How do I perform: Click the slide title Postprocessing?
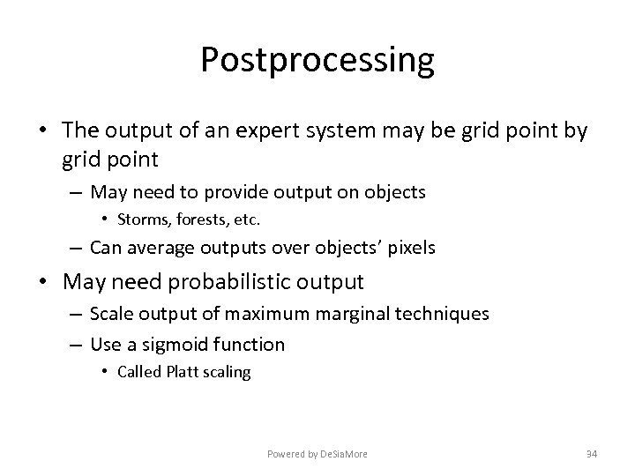pyautogui.click(x=317, y=61)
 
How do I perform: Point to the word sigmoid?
pyautogui.click(x=176, y=344)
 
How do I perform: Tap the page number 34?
pyautogui.click(x=592, y=454)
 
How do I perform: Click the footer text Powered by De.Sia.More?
pyautogui.click(x=317, y=454)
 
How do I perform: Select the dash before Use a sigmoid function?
pyautogui.click(x=75, y=344)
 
